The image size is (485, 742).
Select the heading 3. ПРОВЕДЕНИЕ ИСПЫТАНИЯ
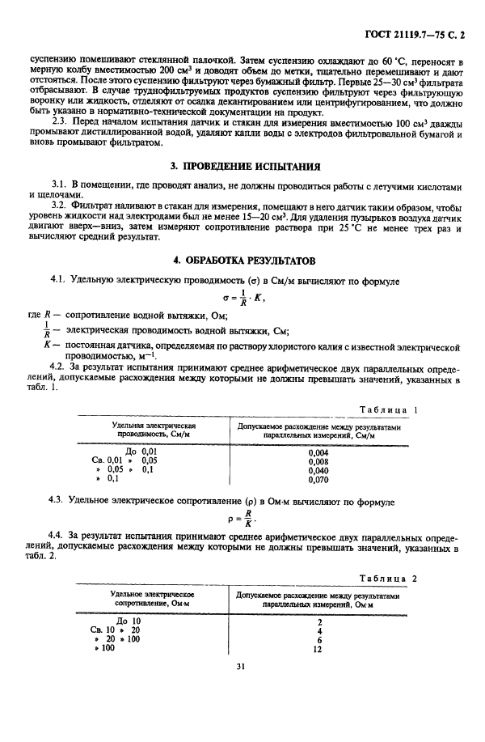click(242, 167)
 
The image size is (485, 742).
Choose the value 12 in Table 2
click(321, 649)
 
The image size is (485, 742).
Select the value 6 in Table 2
click(321, 639)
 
